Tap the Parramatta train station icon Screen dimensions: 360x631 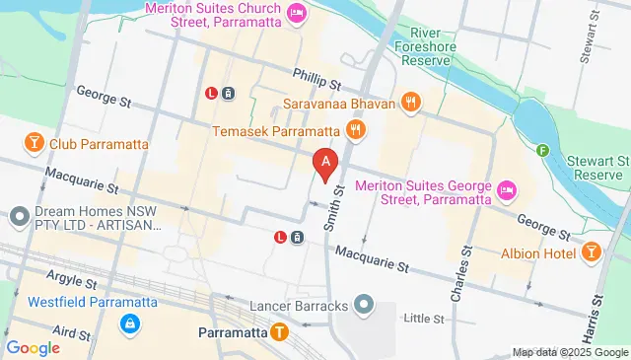pyautogui.click(x=281, y=332)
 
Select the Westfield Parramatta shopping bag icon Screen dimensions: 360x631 pyautogui.click(x=130, y=324)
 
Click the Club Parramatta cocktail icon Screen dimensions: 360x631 pyautogui.click(x=35, y=144)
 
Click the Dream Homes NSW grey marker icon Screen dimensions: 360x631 pyautogui.click(x=19, y=215)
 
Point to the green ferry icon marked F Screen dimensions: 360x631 pyautogui.click(x=542, y=151)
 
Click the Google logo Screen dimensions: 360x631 pyautogui.click(x=33, y=347)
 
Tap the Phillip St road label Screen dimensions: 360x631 pyautogui.click(x=315, y=77)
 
